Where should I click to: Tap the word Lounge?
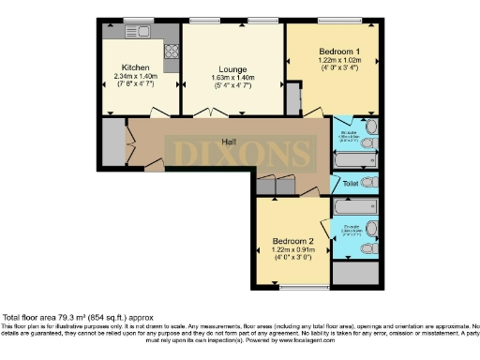[232, 68]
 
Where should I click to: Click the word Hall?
[228, 142]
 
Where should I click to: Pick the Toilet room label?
[351, 184]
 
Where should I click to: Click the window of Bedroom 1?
[332, 21]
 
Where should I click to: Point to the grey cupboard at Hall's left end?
[112, 142]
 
